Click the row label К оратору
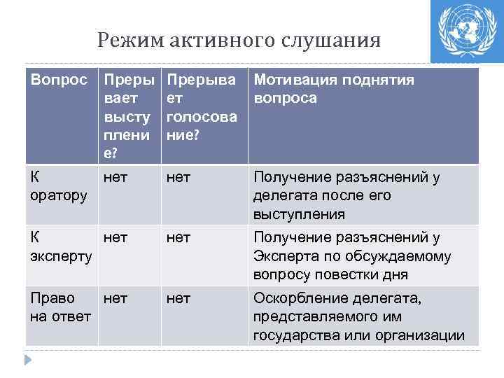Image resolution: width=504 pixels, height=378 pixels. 59,187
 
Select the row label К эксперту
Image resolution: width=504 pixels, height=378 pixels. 61,246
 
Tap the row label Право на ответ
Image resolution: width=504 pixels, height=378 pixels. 60,307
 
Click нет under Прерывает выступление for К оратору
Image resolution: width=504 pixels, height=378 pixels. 115,178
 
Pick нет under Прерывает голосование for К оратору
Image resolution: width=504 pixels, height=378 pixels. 178,178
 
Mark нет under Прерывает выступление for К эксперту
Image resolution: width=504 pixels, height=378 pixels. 115,239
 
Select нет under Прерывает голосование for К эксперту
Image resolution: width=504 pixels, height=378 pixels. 178,239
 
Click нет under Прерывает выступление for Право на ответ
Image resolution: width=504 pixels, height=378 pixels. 115,300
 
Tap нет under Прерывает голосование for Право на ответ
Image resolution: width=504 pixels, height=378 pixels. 178,300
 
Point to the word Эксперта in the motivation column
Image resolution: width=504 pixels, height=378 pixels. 283,256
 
